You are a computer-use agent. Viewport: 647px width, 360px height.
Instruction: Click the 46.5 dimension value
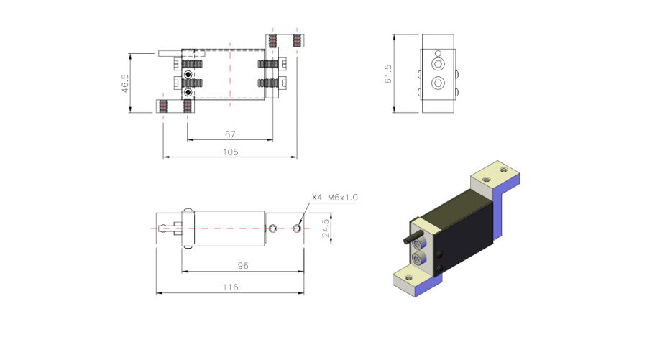click(125, 83)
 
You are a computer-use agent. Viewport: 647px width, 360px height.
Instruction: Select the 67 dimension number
click(230, 134)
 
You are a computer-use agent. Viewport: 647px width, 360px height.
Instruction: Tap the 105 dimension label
click(230, 152)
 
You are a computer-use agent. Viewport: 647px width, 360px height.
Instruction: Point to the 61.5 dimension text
click(388, 74)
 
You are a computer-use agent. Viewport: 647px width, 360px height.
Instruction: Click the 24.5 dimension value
click(326, 228)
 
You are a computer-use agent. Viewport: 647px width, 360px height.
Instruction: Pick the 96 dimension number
click(243, 266)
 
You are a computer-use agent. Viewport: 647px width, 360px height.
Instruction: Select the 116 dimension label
click(230, 287)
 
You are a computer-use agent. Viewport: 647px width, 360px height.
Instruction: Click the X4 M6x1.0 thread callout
click(334, 198)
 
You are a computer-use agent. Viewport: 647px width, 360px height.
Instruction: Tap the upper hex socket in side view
click(438, 65)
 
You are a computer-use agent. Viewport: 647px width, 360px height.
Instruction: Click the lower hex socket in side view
click(438, 83)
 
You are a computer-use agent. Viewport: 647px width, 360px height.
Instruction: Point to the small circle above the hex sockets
click(438, 53)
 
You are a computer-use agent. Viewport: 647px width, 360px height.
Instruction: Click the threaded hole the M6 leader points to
click(297, 228)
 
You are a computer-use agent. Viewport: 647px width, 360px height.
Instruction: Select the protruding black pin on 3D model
click(413, 238)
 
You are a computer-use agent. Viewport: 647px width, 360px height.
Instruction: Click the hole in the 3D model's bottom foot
click(408, 278)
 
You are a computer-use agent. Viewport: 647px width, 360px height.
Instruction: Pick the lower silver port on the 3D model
click(419, 259)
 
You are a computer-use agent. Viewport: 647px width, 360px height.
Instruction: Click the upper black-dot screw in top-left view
click(188, 74)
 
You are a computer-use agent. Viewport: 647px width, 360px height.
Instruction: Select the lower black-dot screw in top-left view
click(188, 91)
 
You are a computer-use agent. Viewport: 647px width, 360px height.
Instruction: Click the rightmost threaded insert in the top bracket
click(297, 41)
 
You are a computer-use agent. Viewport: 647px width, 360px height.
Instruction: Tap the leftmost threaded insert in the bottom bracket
click(163, 106)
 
